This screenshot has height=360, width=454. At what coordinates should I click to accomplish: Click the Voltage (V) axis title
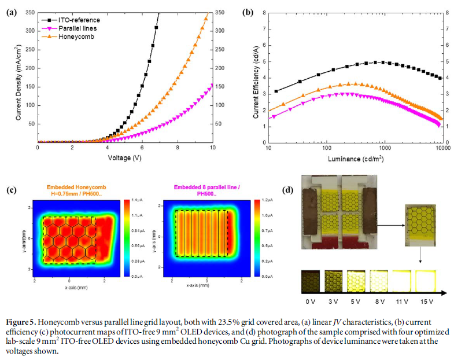click(126, 157)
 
